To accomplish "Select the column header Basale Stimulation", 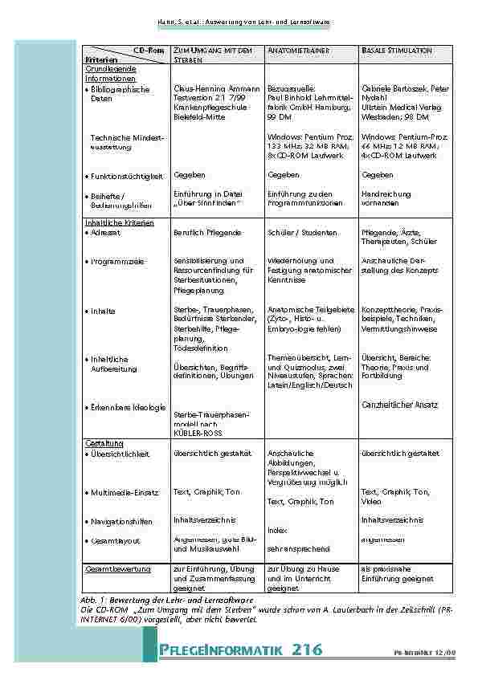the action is [x=397, y=51].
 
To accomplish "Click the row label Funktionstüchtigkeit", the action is [x=127, y=175].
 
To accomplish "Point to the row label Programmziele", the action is [x=119, y=261].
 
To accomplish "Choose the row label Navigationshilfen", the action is [x=122, y=522].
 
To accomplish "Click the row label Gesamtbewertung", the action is [x=118, y=569].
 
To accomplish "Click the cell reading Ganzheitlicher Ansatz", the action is [x=400, y=405].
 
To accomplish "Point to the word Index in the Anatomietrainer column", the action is [x=277, y=530].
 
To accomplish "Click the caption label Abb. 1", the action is [x=95, y=600].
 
